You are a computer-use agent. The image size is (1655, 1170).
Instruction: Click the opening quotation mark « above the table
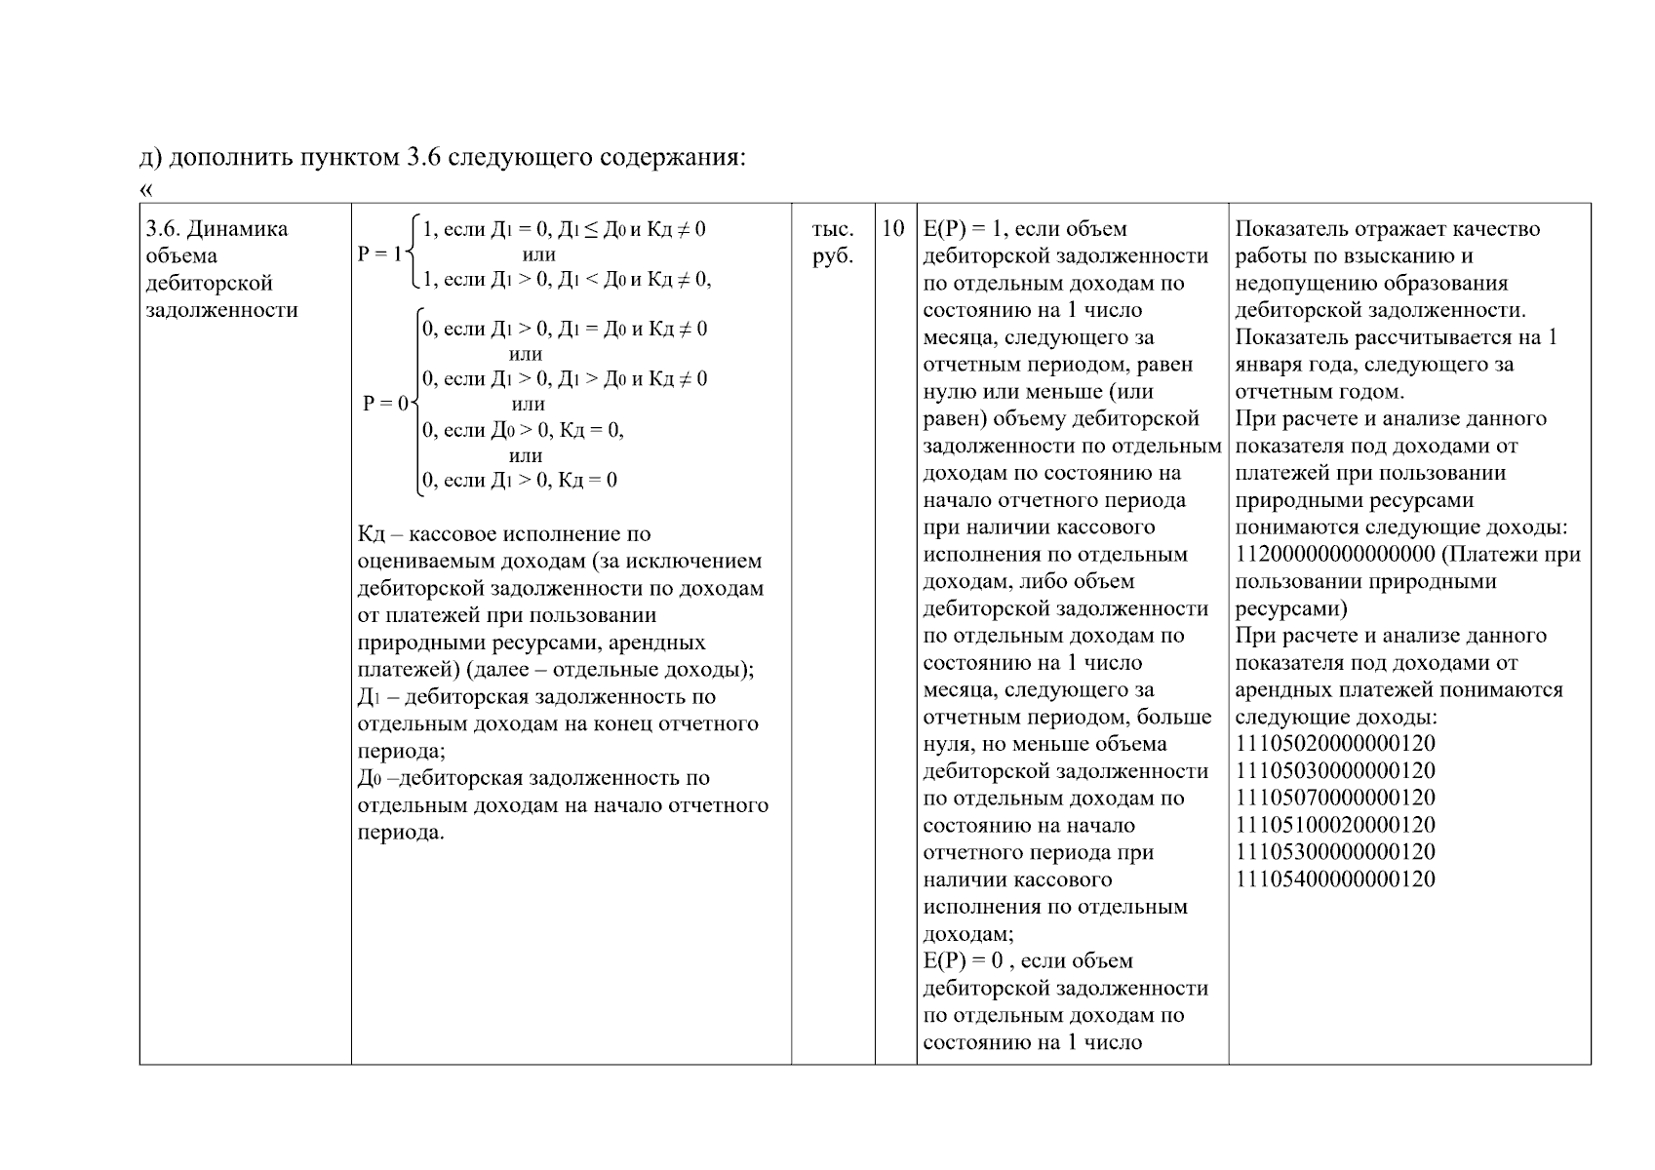point(147,188)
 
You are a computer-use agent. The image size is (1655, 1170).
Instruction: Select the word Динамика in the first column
point(237,229)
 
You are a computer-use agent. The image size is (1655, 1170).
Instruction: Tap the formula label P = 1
point(379,253)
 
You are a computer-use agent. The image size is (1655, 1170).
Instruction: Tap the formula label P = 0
point(386,403)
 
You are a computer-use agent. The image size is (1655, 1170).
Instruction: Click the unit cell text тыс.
point(832,229)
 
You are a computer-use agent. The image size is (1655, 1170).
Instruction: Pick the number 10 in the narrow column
point(893,229)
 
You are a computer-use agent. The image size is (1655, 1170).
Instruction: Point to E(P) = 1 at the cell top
point(963,229)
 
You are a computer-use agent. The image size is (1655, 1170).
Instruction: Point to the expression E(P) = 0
point(963,960)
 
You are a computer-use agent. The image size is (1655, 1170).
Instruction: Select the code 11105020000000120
point(1335,744)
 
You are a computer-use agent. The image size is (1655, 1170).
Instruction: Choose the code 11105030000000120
point(1335,771)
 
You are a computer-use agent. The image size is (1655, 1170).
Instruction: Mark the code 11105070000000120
point(1335,799)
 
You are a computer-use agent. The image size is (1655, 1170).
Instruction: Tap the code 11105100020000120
point(1335,825)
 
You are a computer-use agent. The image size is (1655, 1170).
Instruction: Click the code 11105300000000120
point(1335,852)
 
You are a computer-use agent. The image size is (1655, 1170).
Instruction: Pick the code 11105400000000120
point(1335,879)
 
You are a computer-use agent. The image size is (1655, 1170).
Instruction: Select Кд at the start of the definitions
point(372,534)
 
